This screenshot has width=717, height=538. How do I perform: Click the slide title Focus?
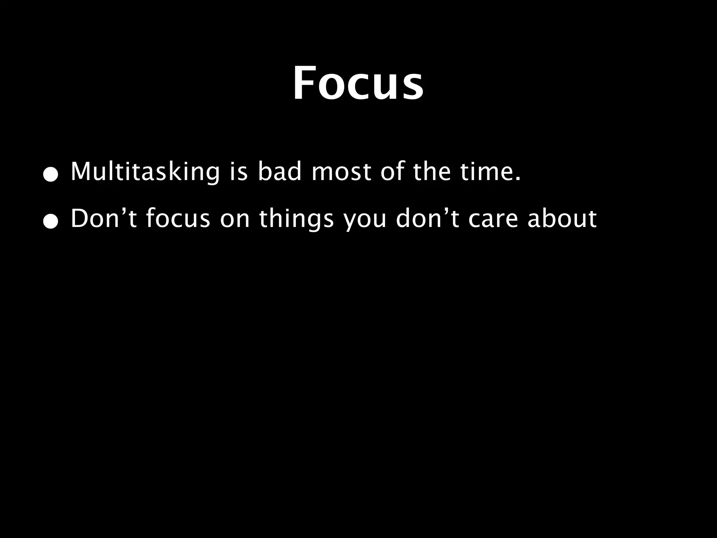pos(358,83)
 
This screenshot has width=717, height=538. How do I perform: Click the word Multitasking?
pos(145,172)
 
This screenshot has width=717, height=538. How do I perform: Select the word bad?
pos(279,172)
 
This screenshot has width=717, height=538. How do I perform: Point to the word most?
pos(341,172)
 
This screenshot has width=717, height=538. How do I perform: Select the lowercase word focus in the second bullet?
pos(178,219)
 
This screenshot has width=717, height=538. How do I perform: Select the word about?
pos(562,219)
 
